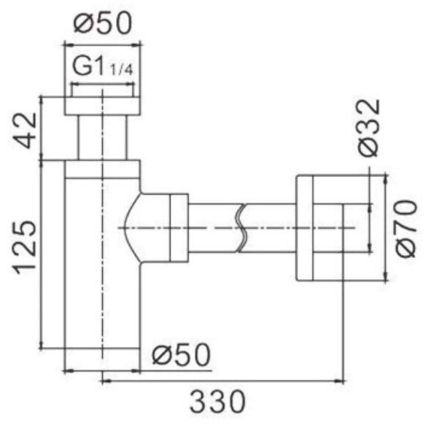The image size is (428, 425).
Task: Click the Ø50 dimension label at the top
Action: point(103,23)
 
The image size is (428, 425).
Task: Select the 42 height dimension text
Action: point(25,130)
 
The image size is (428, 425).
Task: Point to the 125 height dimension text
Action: point(25,247)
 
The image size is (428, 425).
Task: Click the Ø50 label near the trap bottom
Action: point(182,354)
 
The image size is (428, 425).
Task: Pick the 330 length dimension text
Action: point(217,402)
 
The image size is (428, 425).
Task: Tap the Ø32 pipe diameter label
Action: point(369,128)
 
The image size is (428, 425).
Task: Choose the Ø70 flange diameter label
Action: point(406,229)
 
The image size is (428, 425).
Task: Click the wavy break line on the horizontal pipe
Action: point(241,228)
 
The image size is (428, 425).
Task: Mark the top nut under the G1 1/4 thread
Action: point(103,106)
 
